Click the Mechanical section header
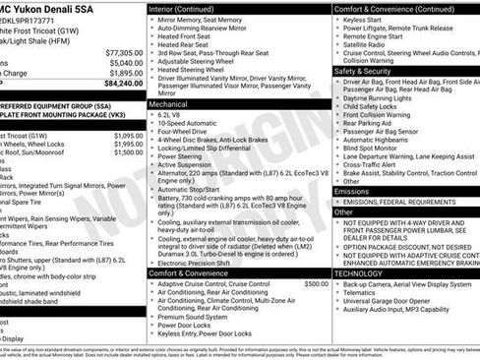coord(167,102)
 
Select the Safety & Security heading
coord(364,71)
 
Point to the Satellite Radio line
coord(364,44)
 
